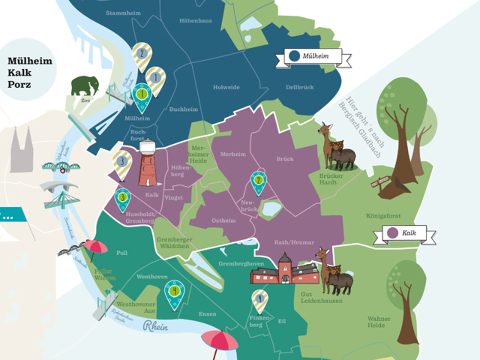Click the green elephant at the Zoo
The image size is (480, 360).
pos(85,86)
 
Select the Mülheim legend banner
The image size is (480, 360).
pos(313,56)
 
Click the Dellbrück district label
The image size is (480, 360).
pos(300,87)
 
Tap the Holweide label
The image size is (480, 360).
pos(226,87)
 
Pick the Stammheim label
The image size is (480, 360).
pos(123,13)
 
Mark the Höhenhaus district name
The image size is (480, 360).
pos(195,21)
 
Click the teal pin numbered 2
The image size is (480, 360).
pos(258,181)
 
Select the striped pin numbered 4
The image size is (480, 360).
pos(260,300)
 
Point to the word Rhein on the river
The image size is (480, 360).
pos(156,327)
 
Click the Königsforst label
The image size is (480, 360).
pos(383,216)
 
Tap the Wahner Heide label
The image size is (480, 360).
pos(379,322)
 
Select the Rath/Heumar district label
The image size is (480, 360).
pos(294,242)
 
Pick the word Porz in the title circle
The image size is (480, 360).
pos(19,85)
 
